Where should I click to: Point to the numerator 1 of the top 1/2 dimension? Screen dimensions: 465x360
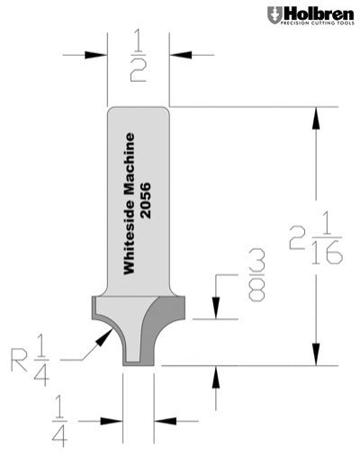137,39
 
